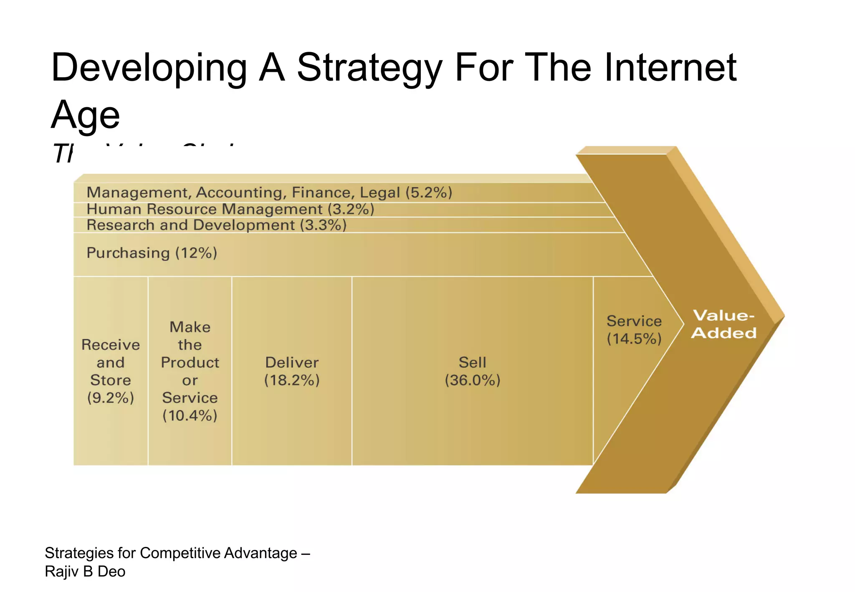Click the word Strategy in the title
pyautogui.click(x=369, y=68)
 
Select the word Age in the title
pyautogui.click(x=86, y=115)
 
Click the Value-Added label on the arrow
pyautogui.click(x=723, y=324)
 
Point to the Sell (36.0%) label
pyautogui.click(x=472, y=371)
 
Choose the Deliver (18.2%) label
pyautogui.click(x=292, y=371)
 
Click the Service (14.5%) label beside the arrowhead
pyautogui.click(x=634, y=329)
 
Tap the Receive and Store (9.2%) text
pyautogui.click(x=111, y=371)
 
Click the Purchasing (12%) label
pyautogui.click(x=152, y=253)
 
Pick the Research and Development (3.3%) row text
pyautogui.click(x=216, y=225)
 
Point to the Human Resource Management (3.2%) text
pyautogui.click(x=230, y=209)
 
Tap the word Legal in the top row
pyautogui.click(x=379, y=192)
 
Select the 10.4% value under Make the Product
pyautogui.click(x=190, y=416)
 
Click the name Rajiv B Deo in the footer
pyautogui.click(x=85, y=571)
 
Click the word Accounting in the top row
pyautogui.click(x=241, y=192)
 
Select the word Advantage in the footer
pyautogui.click(x=261, y=553)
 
